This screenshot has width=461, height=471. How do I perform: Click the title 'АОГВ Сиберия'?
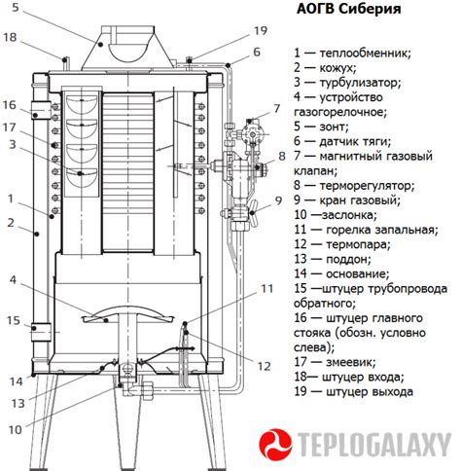(349, 9)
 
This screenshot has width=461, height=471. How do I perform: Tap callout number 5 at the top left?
(16, 7)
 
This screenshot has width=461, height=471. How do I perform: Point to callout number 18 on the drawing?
(10, 37)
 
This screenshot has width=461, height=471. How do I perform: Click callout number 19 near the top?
(261, 31)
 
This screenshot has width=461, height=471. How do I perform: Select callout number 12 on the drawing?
(264, 366)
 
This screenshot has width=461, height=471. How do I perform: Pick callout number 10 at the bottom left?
(15, 430)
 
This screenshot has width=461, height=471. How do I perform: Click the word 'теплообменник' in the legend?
(365, 53)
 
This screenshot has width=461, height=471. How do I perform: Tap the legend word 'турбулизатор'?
(360, 83)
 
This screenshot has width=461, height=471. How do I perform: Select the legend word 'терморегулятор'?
(367, 186)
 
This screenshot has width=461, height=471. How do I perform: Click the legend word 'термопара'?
(358, 244)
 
